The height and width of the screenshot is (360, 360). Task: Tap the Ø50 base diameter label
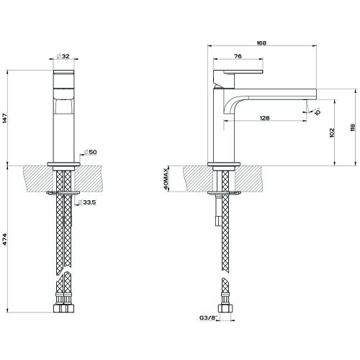(89, 152)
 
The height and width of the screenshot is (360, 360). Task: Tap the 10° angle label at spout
(317, 112)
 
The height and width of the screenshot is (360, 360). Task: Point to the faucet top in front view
(63, 73)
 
